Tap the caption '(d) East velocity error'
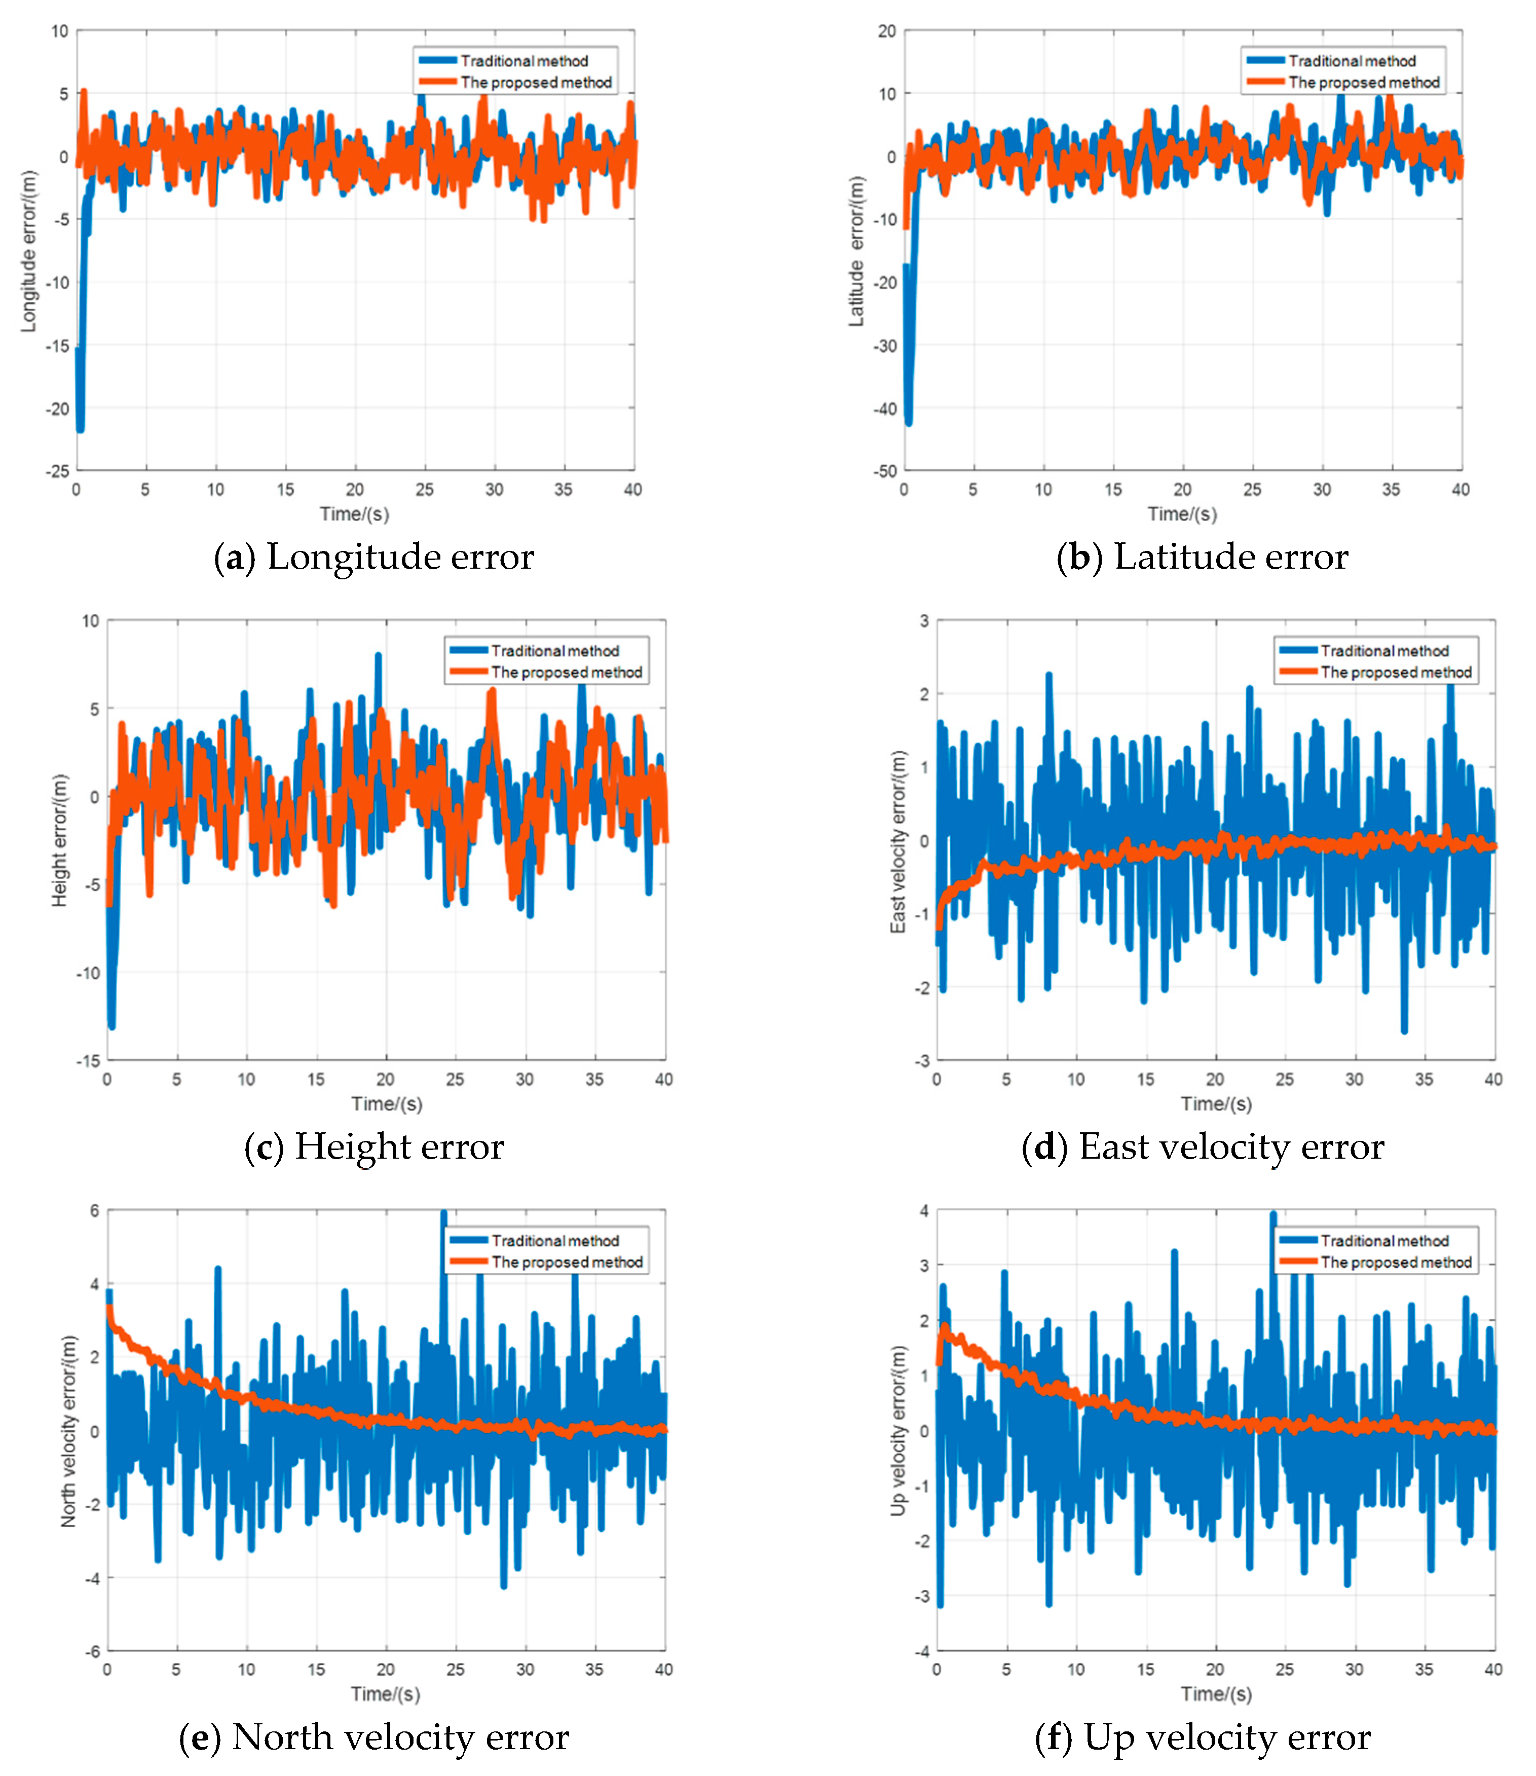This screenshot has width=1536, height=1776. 1203,1148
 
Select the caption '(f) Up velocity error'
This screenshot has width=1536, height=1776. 1203,1737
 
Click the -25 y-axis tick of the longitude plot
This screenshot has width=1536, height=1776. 58,471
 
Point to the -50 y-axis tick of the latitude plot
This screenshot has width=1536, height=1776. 885,471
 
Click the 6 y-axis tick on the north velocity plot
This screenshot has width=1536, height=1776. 94,1211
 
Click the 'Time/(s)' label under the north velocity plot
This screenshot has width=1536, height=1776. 386,1694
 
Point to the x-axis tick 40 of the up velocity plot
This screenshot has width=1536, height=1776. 1493,1670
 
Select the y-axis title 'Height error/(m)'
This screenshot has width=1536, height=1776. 59,841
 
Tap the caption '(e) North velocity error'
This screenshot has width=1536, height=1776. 373,1737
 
